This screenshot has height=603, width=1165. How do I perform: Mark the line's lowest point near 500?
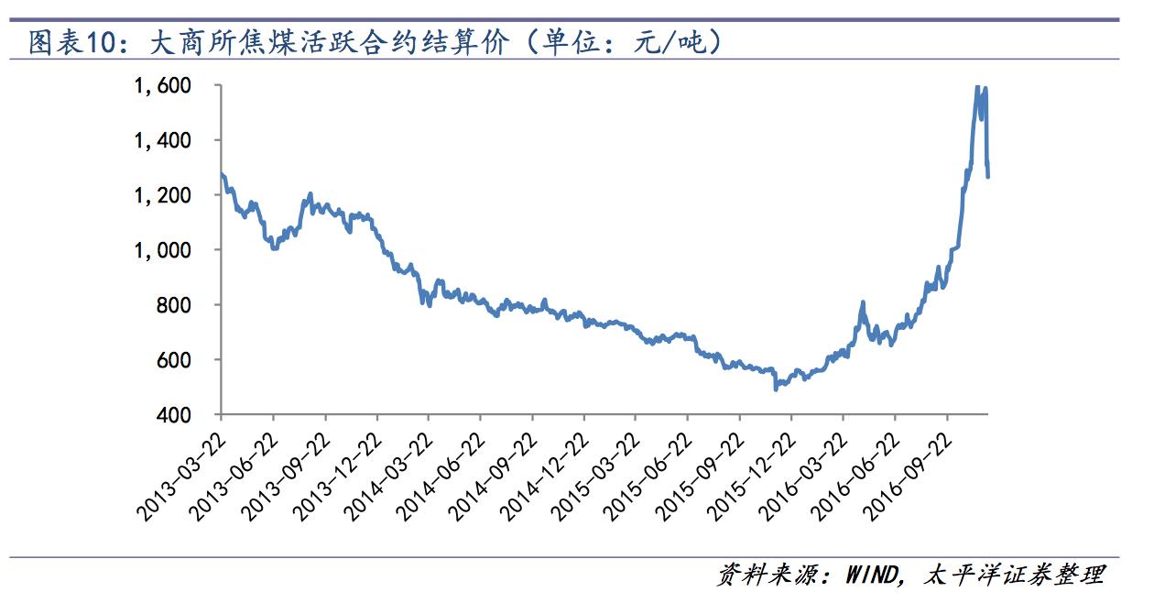[x=776, y=389]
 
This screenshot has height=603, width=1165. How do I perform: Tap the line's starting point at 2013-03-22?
[x=222, y=173]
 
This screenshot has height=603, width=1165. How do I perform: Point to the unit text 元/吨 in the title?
[x=673, y=42]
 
